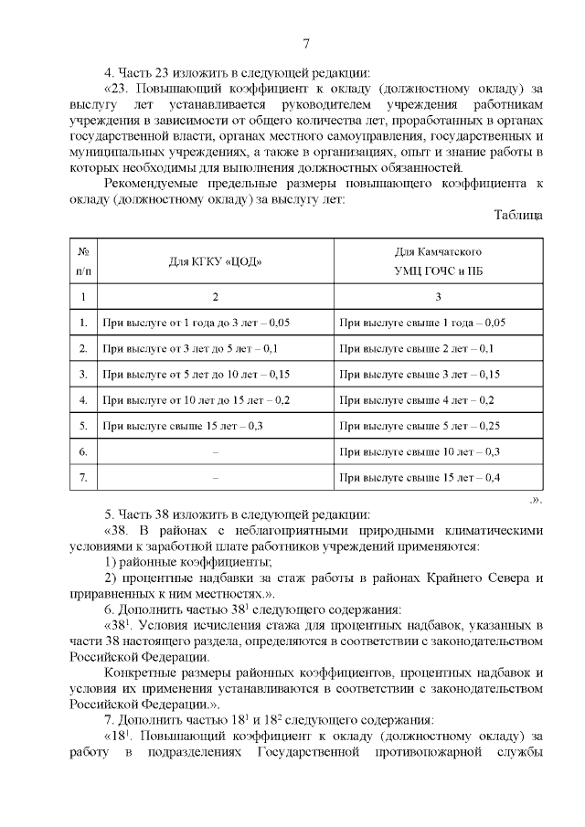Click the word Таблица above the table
[x=518, y=215]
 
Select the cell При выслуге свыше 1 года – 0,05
[x=421, y=323]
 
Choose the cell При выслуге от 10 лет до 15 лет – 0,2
[x=197, y=399]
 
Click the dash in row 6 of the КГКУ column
[x=215, y=451]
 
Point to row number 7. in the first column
[x=83, y=477]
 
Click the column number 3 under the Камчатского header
[x=438, y=296]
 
